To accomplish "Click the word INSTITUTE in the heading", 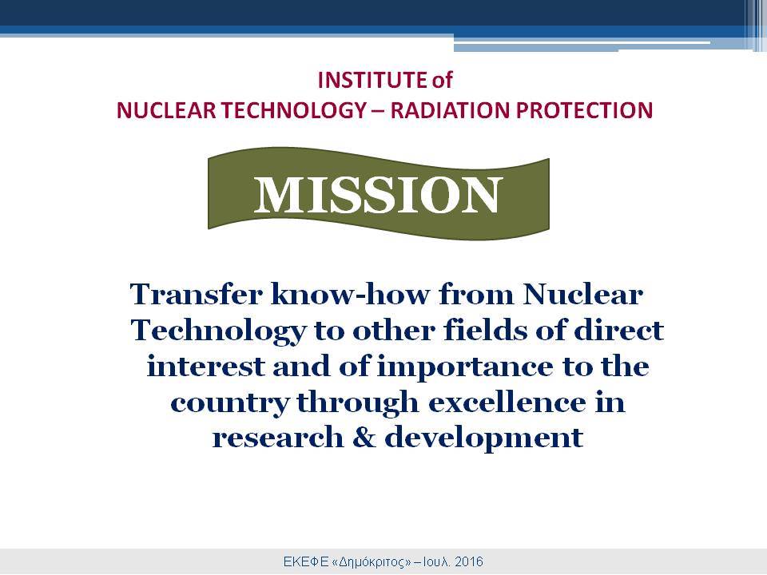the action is pos(372,80).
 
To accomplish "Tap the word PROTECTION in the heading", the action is pos(585,110).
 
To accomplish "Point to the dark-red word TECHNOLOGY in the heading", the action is pos(293,110).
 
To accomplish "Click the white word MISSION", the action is pos(379,195).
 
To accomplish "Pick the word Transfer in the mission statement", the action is pos(197,295).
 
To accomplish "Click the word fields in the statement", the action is pos(487,331).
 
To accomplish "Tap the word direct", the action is pos(618,331).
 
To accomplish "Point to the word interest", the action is pos(206,367).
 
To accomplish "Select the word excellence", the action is pos(507,402).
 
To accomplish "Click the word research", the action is pos(278,438).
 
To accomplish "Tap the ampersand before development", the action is pos(364,438).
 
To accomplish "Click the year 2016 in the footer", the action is pos(469,561).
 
